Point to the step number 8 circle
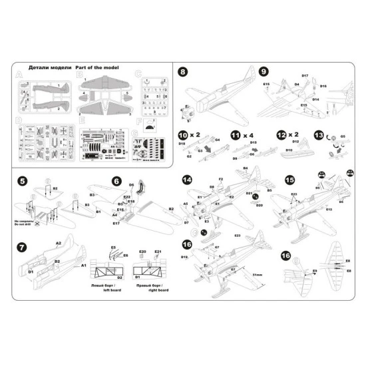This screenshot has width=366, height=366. pyautogui.click(x=184, y=71)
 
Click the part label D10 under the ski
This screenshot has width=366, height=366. pyautogui.click(x=289, y=150)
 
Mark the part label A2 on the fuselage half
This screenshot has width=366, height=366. pyautogui.click(x=58, y=244)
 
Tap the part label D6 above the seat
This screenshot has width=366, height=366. pyautogui.click(x=131, y=184)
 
